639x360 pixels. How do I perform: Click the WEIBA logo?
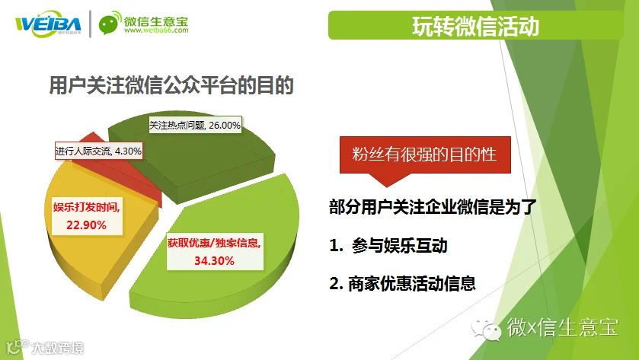tap(49, 24)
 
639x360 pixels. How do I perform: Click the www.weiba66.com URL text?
tap(156, 30)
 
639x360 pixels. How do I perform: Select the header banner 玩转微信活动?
tap(475, 25)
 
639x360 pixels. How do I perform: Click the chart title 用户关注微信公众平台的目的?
tap(171, 85)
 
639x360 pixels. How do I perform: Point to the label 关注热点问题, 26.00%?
tap(195, 125)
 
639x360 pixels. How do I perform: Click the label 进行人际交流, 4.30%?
tap(98, 151)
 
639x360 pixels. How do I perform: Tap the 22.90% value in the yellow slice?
tap(86, 225)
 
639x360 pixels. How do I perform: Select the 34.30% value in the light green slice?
tap(214, 260)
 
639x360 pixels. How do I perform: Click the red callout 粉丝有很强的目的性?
tap(425, 155)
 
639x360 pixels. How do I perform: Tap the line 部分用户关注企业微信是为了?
tap(433, 207)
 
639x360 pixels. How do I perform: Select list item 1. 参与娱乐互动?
tap(388, 246)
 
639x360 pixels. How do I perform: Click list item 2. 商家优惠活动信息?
tap(403, 283)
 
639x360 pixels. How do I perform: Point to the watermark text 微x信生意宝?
tap(562, 327)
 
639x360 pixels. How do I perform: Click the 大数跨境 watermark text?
tap(57, 348)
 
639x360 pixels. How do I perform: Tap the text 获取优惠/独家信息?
tap(214, 243)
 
